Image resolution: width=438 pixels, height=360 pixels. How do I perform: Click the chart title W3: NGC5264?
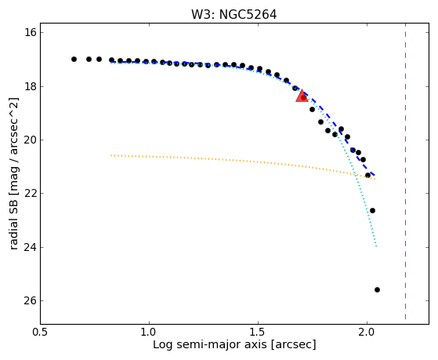[x=233, y=15]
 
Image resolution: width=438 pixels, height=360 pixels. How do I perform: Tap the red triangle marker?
[x=302, y=96]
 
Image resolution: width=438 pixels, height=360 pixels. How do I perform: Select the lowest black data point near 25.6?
[x=377, y=289]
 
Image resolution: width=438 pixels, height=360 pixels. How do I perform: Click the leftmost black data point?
[x=74, y=60]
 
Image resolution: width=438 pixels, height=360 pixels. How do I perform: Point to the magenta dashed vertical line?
[x=405, y=172]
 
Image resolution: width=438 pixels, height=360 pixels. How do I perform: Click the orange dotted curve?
[x=243, y=162]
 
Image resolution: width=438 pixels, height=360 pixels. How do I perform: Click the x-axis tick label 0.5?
[x=41, y=332]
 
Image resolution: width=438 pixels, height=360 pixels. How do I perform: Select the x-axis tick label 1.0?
[x=149, y=332]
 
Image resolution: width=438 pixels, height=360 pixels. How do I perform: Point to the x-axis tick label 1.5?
[x=258, y=332]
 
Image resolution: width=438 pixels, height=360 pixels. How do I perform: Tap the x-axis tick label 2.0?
[x=367, y=332]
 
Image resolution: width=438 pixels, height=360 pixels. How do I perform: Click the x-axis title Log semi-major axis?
[x=210, y=344]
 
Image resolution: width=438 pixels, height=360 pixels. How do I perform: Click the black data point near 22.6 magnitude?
[x=372, y=211]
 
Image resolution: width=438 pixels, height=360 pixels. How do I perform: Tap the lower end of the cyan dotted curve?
[x=377, y=246]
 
